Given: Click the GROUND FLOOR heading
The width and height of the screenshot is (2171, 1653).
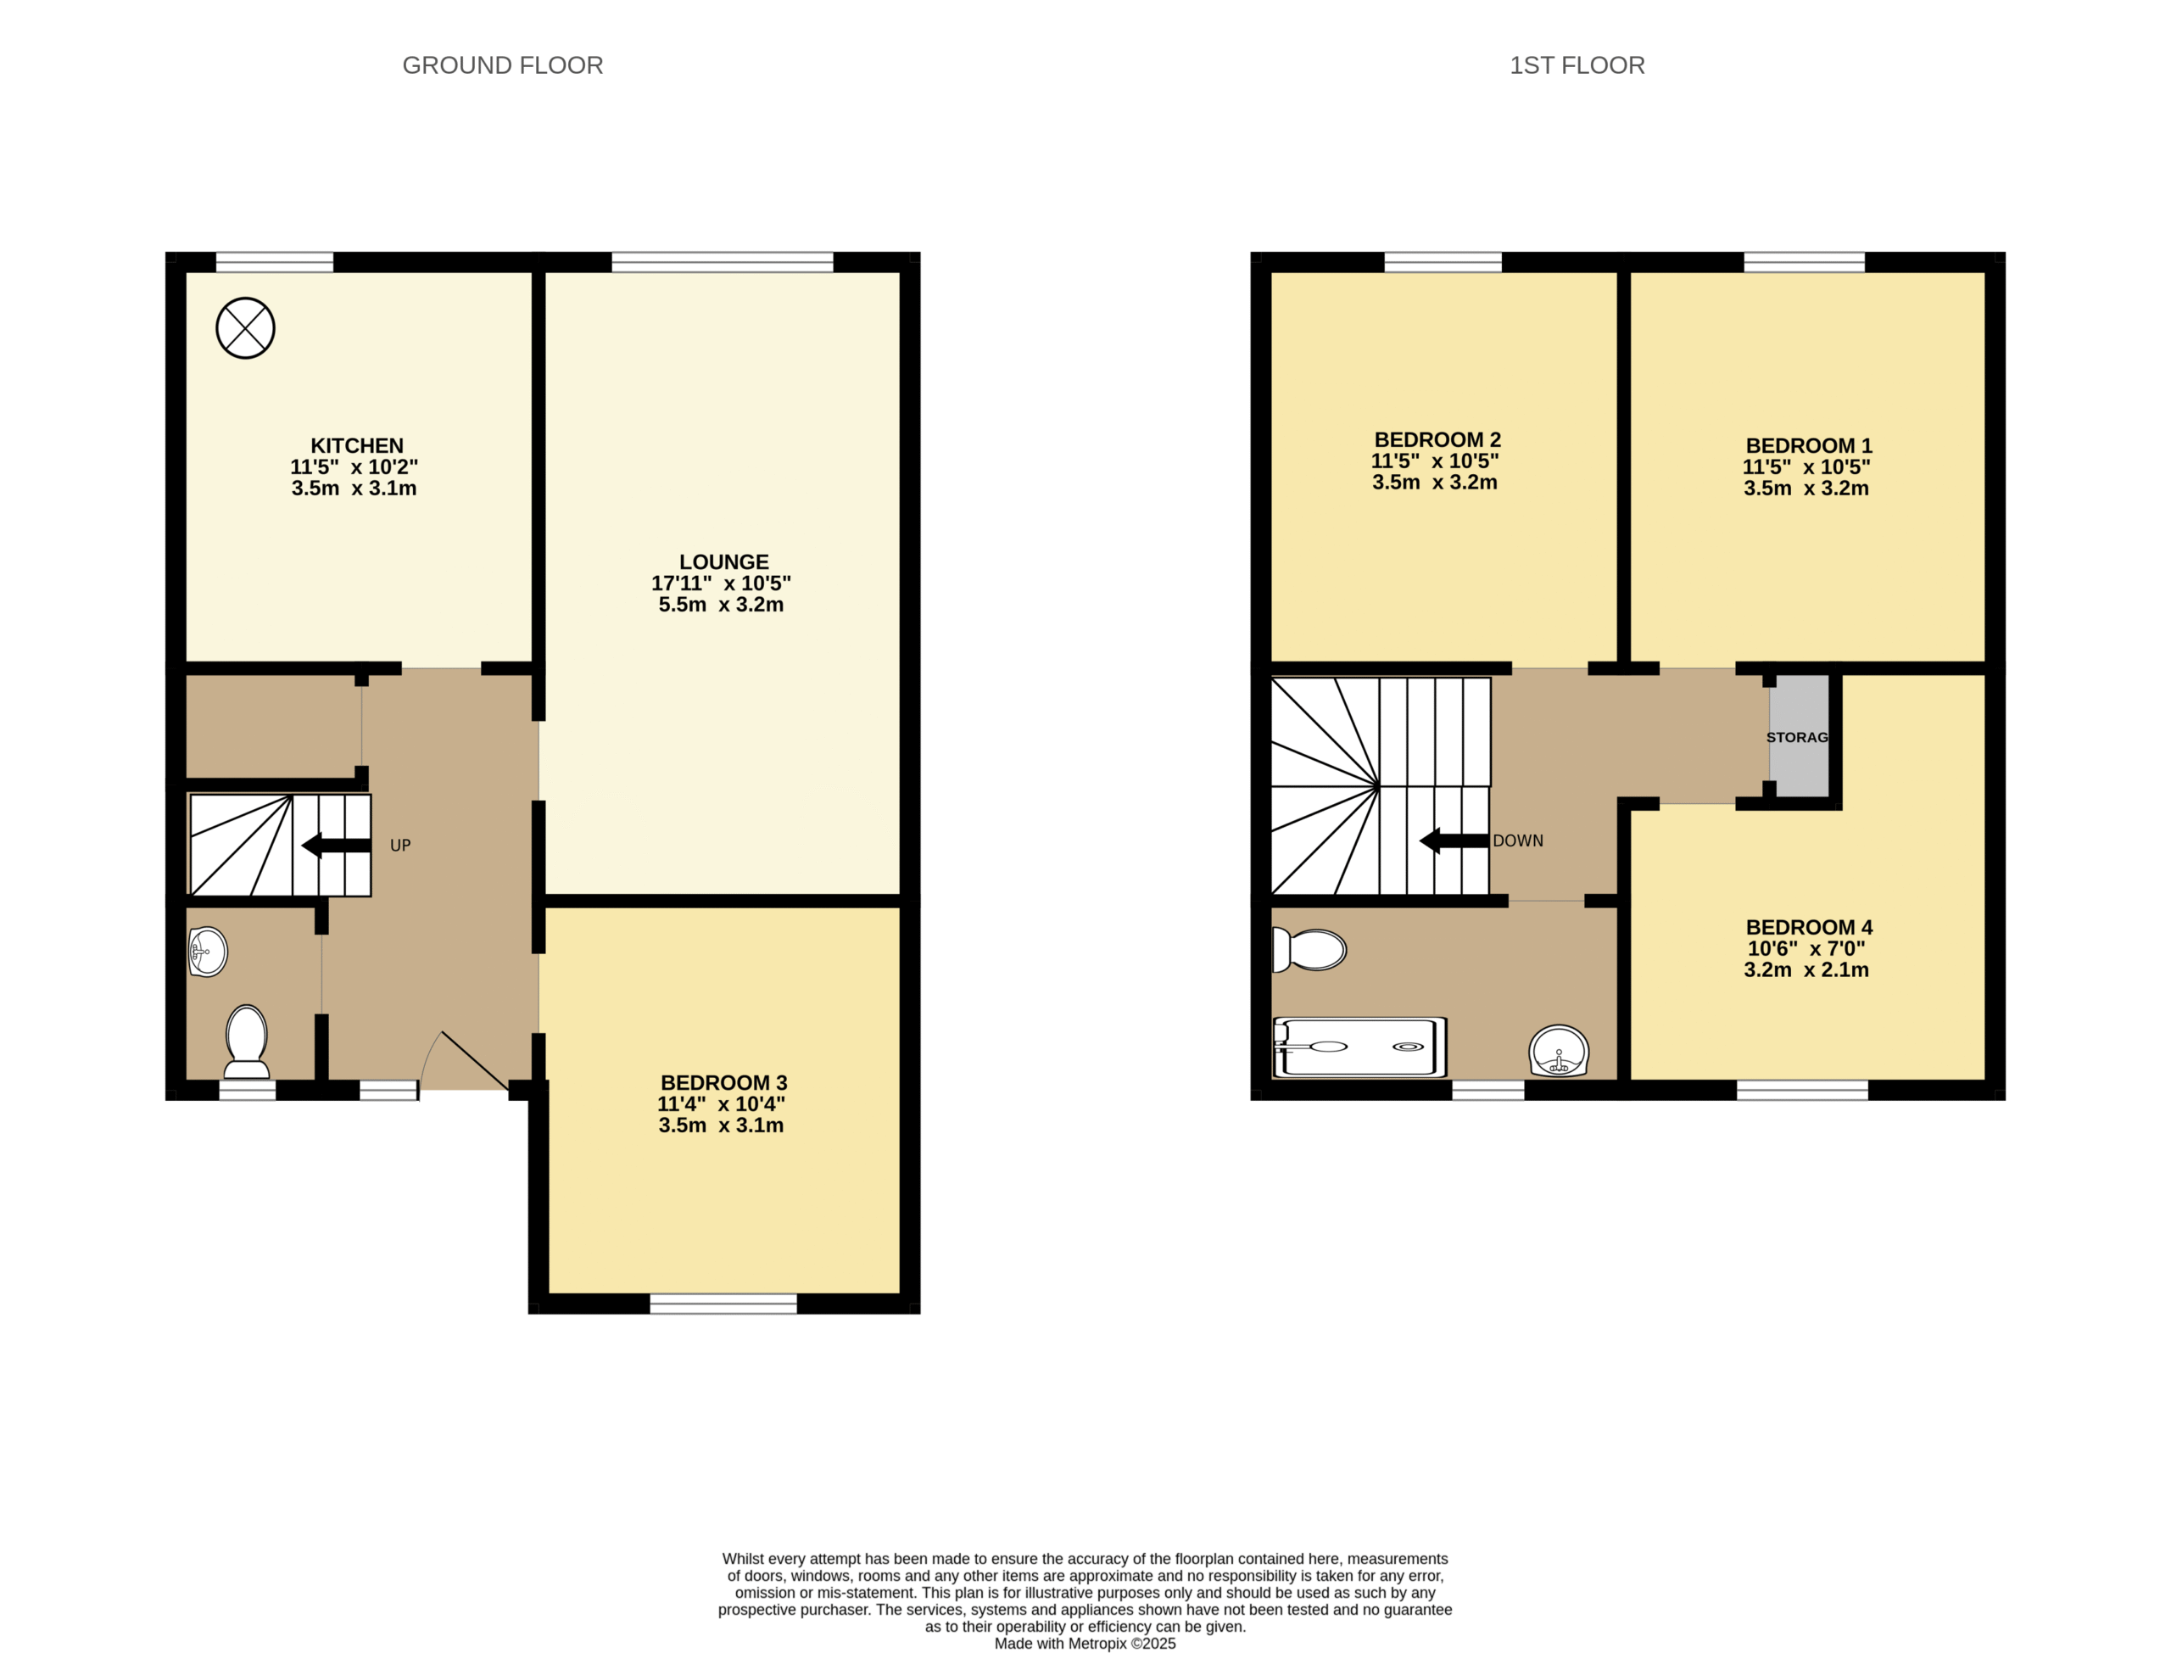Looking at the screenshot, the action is [503, 66].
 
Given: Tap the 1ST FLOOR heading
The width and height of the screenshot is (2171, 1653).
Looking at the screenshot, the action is [1577, 66].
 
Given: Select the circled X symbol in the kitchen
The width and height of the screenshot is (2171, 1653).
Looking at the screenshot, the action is [245, 328].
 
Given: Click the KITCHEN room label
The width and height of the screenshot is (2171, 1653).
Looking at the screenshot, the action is [357, 446].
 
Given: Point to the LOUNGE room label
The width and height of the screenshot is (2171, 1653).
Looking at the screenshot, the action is [724, 561].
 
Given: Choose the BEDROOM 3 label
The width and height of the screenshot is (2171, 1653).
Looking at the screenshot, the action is [724, 1082].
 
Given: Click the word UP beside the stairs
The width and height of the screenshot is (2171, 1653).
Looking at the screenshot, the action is [400, 846].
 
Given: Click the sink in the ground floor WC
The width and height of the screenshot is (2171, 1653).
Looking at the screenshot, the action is [208, 952].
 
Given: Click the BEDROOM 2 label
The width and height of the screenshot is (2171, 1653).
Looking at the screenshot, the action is [1437, 440].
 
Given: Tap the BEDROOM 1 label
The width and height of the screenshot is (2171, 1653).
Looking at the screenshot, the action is [1809, 446].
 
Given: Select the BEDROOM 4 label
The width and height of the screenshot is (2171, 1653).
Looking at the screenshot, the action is [1809, 927].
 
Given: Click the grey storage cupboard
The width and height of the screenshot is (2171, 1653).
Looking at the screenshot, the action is [1800, 736].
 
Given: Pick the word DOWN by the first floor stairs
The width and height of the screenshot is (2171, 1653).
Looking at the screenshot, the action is [1518, 841].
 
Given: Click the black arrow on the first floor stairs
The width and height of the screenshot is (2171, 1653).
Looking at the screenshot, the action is [1454, 841].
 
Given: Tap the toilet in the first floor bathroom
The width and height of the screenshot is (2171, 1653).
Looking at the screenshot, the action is [1309, 951].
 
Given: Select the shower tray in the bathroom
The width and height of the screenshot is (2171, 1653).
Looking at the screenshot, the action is [1359, 1047].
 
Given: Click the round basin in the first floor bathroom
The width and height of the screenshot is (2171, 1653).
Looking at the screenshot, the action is [1560, 1051].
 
